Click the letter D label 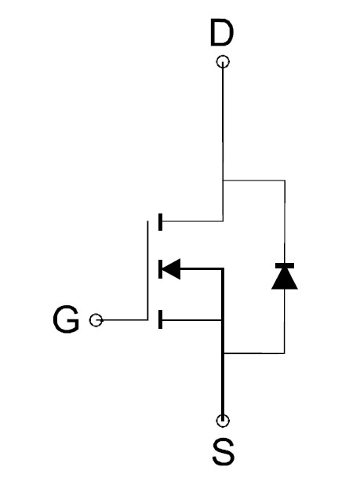221,32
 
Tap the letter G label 66,319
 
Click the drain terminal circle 223,61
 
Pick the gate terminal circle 96,320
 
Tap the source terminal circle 223,421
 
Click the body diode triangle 284,279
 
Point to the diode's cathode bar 284,266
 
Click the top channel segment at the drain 160,222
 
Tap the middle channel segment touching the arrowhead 160,269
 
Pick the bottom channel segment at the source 160,319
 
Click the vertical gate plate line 147,270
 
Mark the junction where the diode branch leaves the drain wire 223,180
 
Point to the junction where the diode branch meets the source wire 223,353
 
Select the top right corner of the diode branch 285,180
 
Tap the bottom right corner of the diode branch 284,353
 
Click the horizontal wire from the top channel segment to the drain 192,221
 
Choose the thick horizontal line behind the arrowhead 202,269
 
